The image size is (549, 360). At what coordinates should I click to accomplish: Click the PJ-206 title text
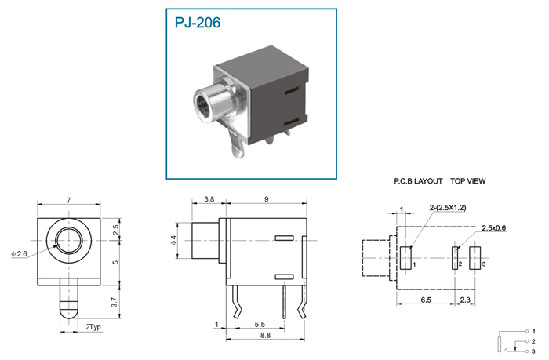point(198,23)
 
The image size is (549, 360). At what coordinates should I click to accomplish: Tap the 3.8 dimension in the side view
point(209,199)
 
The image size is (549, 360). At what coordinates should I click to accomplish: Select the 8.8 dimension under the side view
point(265,335)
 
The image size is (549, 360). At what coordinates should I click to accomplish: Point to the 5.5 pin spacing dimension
point(260,325)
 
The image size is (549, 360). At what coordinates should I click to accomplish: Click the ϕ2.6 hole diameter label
point(19,253)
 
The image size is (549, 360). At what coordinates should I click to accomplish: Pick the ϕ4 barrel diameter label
point(174,241)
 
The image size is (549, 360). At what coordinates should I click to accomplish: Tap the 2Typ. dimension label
point(94,327)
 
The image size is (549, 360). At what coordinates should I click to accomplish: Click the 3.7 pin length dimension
point(115,302)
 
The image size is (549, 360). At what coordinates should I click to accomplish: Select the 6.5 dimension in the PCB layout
point(426,300)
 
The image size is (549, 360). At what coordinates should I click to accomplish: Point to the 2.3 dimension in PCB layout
point(465,300)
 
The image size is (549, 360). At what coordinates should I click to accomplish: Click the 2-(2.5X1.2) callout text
point(448,208)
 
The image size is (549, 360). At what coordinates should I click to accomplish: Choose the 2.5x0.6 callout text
point(493,228)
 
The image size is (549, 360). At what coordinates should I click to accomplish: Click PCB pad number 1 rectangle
point(405,258)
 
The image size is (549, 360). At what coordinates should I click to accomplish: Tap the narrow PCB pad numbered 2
point(455,258)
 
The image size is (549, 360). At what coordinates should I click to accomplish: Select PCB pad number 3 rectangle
point(474,258)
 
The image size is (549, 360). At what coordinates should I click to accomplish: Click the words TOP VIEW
point(467,181)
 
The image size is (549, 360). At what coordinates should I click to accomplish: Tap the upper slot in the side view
point(284,238)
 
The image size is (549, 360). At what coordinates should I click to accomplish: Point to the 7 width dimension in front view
point(69,200)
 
